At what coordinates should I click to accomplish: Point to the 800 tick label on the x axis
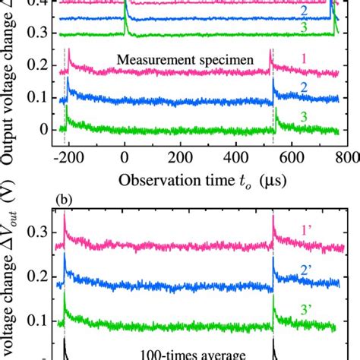pos(339,157)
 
